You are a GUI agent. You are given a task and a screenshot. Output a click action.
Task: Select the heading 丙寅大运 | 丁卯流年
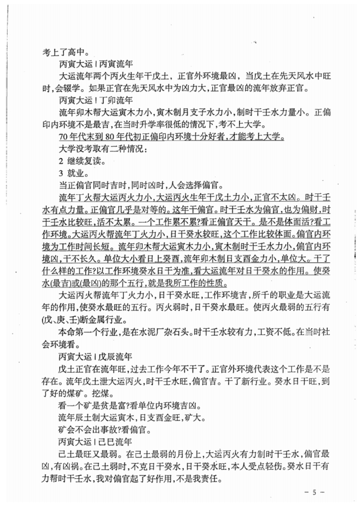95,99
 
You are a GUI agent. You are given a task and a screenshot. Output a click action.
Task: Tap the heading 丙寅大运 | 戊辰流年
95,351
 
